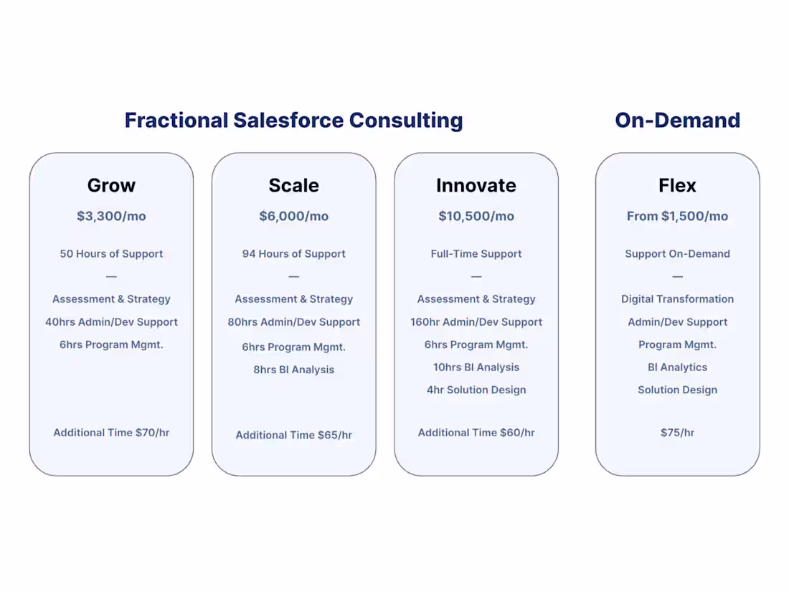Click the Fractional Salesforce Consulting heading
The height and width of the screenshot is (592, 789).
[x=293, y=120]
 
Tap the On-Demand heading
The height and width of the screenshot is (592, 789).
[x=677, y=120]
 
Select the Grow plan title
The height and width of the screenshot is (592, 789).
[x=111, y=185]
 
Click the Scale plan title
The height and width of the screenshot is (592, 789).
[x=293, y=185]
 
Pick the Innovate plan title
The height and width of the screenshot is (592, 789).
[x=476, y=185]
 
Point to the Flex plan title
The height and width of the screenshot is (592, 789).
[x=677, y=185]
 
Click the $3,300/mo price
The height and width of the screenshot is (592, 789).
[x=111, y=216]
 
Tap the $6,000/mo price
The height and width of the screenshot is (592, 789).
[x=293, y=216]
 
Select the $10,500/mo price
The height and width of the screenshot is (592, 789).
[x=476, y=216]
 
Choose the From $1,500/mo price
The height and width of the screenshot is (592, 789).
[x=677, y=216]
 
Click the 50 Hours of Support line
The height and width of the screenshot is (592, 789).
[x=111, y=253]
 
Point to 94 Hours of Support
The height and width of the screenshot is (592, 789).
[x=293, y=253]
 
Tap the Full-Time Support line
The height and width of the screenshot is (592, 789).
[x=476, y=253]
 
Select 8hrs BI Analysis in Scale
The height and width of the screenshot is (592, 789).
[x=293, y=370]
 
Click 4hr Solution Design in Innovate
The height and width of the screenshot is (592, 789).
[x=476, y=390]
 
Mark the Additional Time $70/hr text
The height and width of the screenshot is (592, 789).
[x=111, y=432]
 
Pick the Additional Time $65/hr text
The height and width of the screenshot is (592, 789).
[x=293, y=435]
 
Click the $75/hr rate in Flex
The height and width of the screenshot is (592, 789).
[x=677, y=432]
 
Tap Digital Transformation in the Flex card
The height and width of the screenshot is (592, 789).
[x=677, y=299]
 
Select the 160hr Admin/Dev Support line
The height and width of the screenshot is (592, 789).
[x=476, y=321]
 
